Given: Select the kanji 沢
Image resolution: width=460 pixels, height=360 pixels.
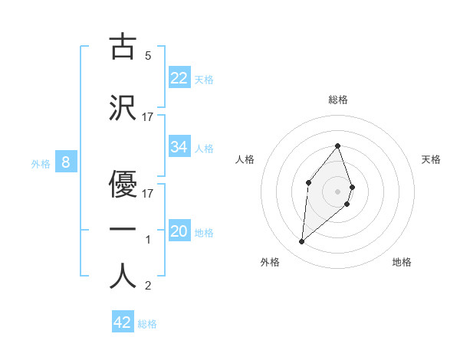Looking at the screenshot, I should (123, 107).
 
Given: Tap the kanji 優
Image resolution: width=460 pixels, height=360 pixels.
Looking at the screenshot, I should (123, 184).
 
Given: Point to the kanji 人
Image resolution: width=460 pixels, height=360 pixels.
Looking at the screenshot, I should (123, 276).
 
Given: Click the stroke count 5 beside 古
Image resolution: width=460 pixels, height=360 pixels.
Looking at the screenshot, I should (148, 55).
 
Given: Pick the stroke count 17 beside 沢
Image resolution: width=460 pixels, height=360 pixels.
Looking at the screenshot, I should (148, 116).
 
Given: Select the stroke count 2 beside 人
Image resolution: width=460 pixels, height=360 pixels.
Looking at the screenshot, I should (148, 286).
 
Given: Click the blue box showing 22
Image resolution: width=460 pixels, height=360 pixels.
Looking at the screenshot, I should (179, 78).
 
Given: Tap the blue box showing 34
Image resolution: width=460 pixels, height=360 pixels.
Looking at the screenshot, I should (179, 147).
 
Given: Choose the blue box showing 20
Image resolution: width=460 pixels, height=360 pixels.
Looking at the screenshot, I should (179, 231).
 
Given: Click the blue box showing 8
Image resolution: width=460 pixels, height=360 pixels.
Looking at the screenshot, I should (66, 162).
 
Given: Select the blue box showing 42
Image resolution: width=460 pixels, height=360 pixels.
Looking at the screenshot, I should (123, 322).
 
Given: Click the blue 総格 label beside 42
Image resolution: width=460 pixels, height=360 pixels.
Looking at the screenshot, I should (147, 324).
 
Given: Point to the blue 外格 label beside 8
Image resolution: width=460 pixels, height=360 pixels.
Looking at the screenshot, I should (40, 163).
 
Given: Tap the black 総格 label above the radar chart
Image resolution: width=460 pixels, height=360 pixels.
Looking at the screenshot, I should (338, 100).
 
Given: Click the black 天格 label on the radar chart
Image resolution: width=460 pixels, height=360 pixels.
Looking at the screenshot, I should (432, 159).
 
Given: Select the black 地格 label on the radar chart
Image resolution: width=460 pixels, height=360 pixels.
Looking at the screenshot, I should (402, 262).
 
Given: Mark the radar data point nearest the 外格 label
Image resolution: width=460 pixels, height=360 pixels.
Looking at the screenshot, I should (302, 242).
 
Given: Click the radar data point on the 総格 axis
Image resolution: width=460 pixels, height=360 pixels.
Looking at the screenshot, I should (338, 146).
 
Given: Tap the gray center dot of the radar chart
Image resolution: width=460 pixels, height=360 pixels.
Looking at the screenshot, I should (338, 191).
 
